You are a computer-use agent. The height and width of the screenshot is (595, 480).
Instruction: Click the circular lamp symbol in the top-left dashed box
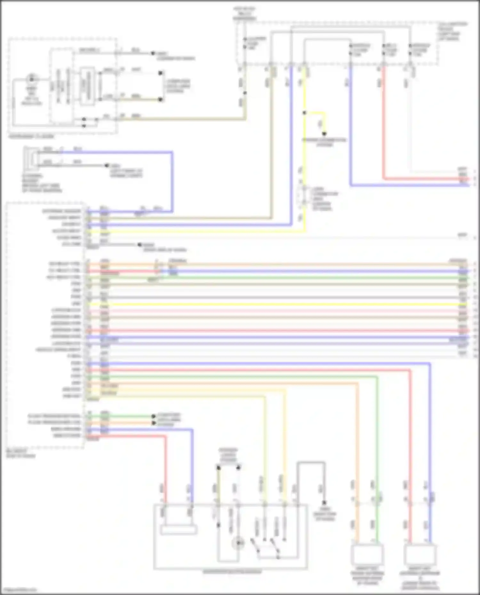tap(32, 79)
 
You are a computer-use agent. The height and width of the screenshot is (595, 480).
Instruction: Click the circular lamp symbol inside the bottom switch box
tap(238, 543)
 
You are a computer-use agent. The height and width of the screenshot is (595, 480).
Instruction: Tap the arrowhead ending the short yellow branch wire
tap(324, 134)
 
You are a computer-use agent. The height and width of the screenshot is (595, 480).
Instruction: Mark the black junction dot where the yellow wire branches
tap(304, 113)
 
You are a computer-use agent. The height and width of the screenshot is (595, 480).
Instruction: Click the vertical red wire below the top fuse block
tap(384, 128)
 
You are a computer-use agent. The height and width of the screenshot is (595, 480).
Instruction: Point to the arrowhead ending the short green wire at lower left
tap(154, 416)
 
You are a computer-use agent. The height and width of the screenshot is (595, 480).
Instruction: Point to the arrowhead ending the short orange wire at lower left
tap(154, 423)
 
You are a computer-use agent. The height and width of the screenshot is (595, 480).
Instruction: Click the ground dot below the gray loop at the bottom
tap(324, 502)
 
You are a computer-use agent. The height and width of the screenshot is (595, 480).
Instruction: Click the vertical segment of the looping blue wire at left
tap(172, 182)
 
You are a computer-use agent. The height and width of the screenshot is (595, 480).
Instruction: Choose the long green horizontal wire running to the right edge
tap(288, 278)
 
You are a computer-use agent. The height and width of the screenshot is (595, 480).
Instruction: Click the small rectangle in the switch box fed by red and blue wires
tap(178, 530)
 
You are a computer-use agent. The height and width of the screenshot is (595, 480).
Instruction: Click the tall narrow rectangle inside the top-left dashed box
tap(87, 86)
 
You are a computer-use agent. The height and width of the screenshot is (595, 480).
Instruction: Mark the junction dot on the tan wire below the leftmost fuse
tap(245, 93)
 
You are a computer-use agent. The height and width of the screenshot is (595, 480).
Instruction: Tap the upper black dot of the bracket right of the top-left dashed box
tap(161, 73)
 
